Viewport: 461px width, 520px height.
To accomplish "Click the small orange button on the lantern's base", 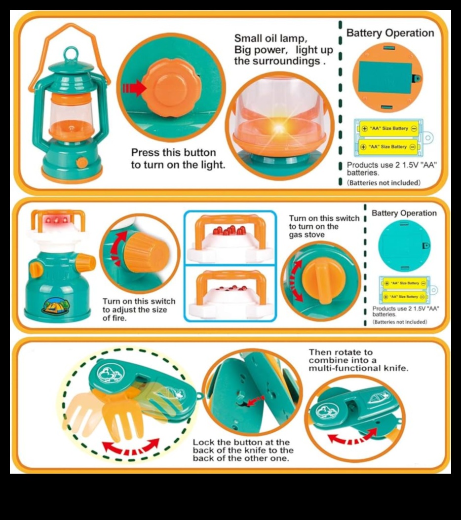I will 82,163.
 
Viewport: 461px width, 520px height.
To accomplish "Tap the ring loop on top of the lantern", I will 72,53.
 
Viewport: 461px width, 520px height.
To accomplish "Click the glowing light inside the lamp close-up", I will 279,127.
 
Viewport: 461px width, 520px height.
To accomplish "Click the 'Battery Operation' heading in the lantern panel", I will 390,33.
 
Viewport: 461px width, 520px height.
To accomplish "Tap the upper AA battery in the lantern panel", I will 388,129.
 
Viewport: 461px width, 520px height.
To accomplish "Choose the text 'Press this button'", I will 173,152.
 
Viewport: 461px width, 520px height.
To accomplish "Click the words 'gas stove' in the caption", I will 307,235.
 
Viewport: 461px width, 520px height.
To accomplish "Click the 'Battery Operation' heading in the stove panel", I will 404,213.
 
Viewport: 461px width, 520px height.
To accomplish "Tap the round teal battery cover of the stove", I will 404,245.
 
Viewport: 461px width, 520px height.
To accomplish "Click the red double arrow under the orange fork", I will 131,448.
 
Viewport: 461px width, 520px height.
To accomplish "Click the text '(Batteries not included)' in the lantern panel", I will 384,182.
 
